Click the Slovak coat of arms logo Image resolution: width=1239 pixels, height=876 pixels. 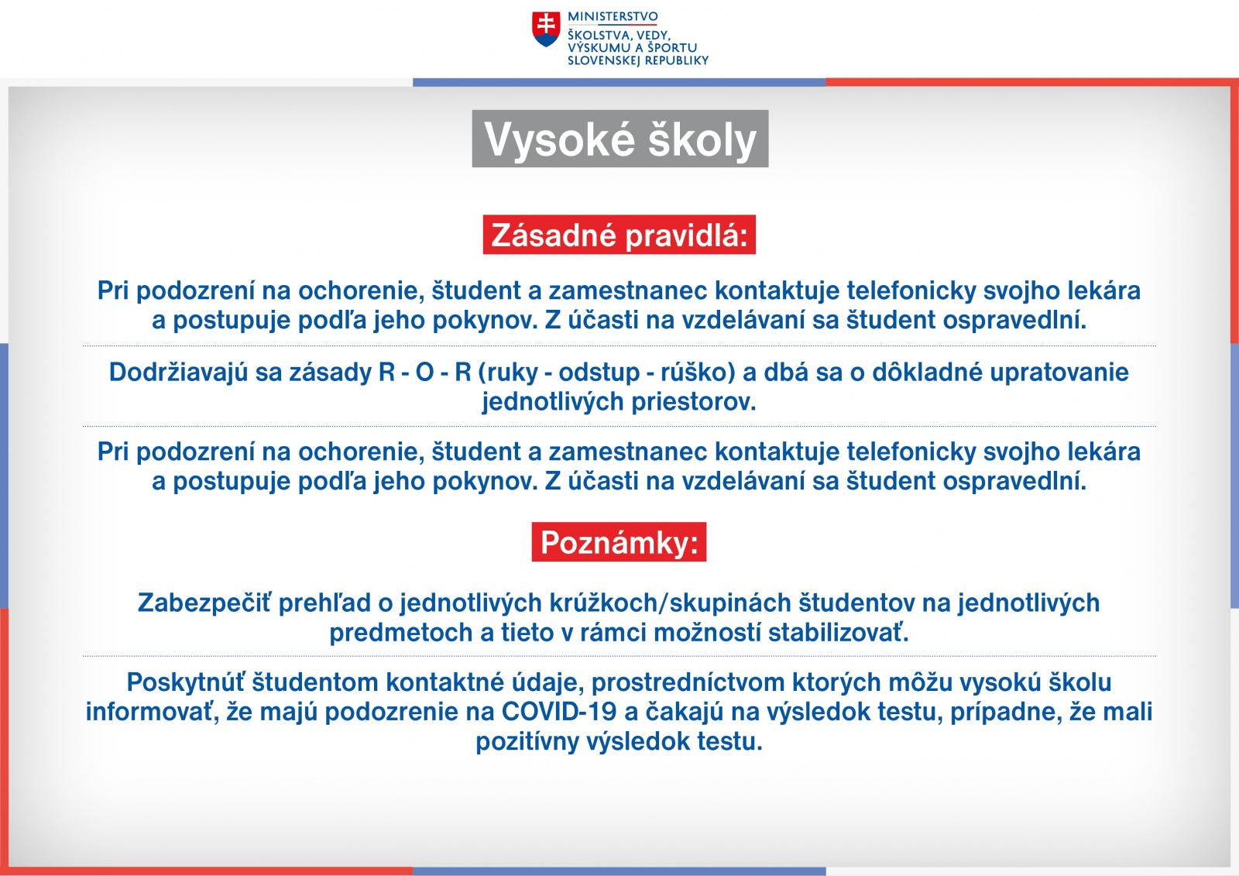546,29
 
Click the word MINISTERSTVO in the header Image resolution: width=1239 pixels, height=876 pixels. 613,16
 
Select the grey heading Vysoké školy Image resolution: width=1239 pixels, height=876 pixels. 620,139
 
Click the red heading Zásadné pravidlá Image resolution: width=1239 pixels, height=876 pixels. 619,235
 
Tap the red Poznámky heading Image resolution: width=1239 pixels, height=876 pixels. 619,542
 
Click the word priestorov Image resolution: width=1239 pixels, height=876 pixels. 694,402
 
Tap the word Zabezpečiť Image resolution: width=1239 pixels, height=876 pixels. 204,603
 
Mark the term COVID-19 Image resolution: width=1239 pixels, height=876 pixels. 558,712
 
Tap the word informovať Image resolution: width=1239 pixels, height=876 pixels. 150,712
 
